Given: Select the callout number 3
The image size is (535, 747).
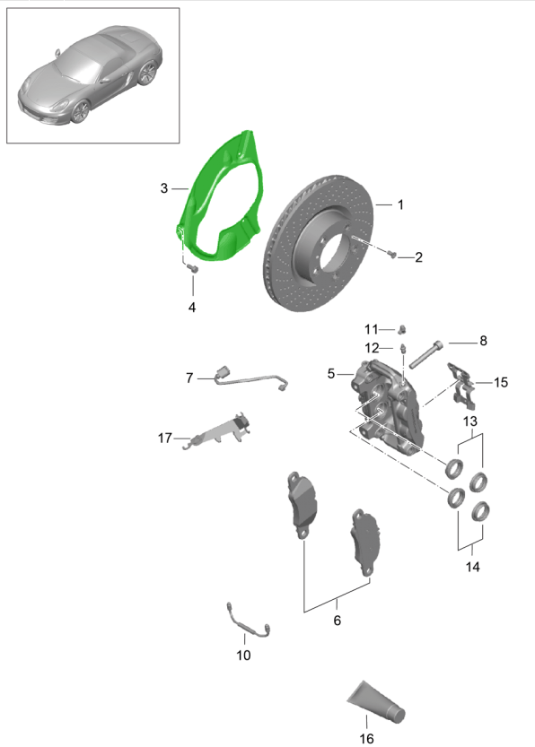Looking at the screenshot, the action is [x=164, y=188].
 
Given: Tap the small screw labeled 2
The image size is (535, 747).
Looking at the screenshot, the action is [x=392, y=254].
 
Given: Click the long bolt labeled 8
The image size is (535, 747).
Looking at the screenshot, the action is [x=425, y=355].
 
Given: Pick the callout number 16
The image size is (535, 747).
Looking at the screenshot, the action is [x=366, y=738].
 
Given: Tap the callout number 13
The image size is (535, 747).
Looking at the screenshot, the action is [x=469, y=421].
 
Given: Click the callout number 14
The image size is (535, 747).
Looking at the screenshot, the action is [x=472, y=567].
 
